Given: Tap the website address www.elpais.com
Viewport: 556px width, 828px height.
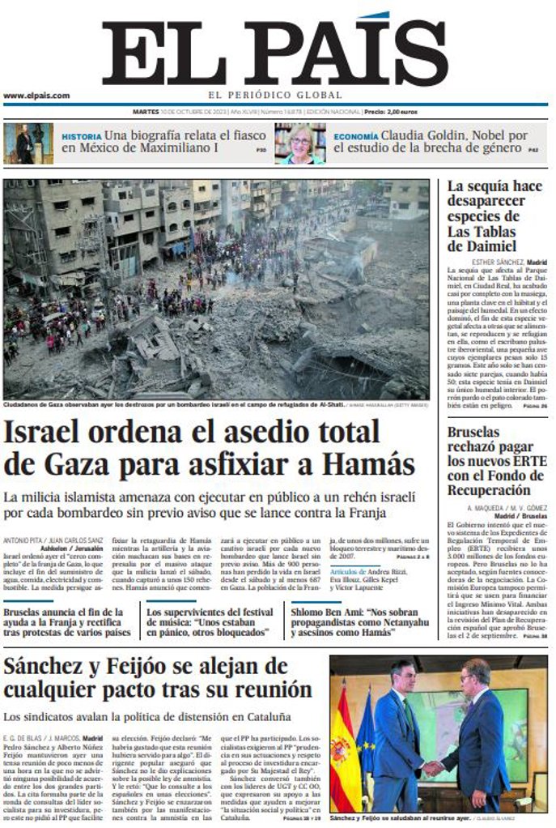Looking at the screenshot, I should pos(36,96).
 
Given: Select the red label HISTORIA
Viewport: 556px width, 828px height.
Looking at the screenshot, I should pos(82,136).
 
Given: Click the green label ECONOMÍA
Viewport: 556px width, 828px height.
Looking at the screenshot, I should pos(355,136).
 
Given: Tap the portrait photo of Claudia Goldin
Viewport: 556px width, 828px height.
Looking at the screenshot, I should pos(299,143).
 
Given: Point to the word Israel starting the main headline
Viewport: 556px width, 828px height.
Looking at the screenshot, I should pos(48,431).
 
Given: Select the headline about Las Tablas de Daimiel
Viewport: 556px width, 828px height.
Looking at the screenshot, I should pos(494,216).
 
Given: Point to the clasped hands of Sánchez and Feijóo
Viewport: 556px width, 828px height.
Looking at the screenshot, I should pos(434,766).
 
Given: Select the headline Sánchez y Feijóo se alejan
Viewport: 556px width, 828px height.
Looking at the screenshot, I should pos(158,678).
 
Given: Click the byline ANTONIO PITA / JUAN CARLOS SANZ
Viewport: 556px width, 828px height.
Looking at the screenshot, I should pos(53,540).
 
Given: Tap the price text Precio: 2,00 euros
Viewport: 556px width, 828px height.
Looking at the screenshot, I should pos(391,111).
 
